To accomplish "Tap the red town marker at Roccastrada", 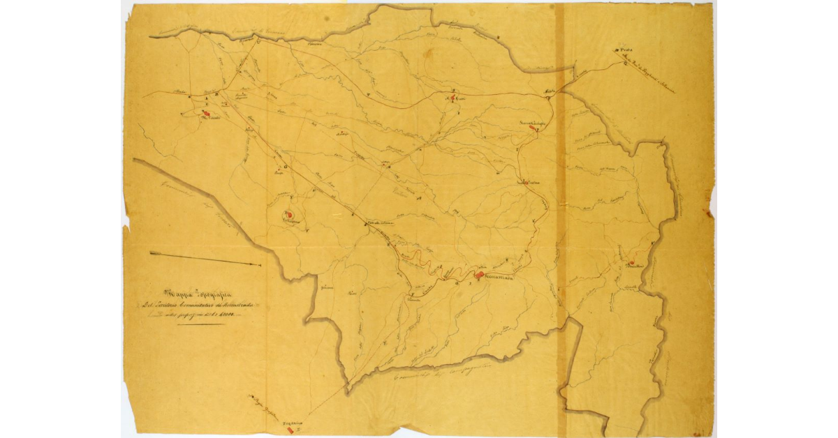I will click(478, 275).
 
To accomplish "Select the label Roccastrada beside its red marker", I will click(499, 278).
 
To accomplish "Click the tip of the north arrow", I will click(259, 265).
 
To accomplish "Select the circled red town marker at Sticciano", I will click(288, 214).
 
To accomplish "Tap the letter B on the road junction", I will click(216, 94).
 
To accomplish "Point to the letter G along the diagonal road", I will click(286, 166).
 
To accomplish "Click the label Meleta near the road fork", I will click(548, 91).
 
